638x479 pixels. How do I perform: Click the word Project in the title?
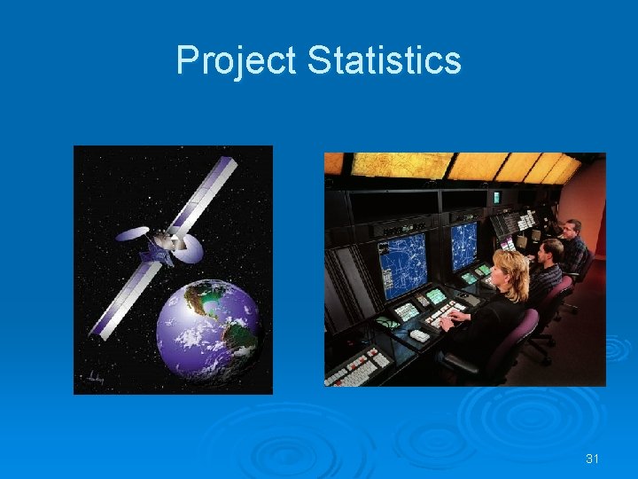tap(236, 60)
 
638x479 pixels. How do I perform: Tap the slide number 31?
tap(593, 458)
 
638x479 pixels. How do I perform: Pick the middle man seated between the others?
tap(550, 258)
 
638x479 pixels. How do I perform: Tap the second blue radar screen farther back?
tap(463, 245)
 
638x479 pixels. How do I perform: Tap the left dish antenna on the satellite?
tap(131, 234)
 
